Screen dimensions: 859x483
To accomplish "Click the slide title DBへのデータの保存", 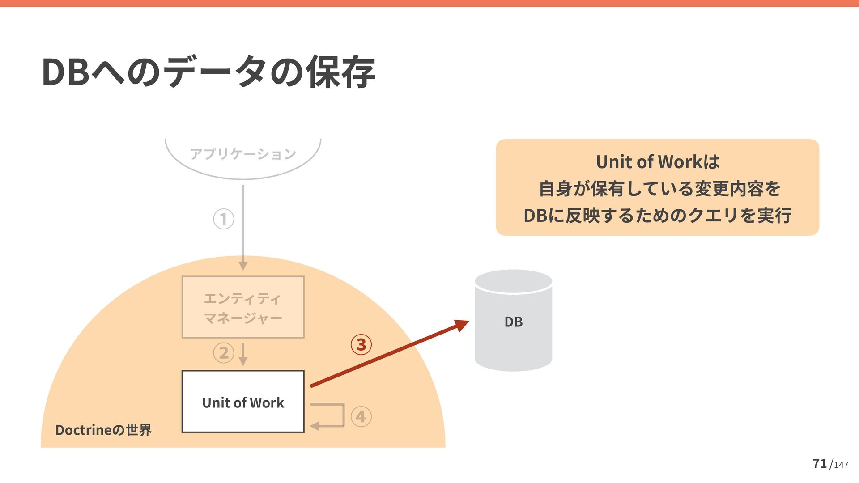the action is (208, 72).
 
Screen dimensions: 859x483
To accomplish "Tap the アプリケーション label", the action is (243, 154).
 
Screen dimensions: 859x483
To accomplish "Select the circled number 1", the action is (224, 219).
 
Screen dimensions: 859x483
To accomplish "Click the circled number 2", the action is (224, 353).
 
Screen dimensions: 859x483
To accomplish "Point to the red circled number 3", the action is (361, 344).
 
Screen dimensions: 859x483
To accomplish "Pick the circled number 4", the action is (361, 417).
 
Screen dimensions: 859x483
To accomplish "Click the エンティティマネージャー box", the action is (243, 307).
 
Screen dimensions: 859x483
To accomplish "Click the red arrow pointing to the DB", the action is (389, 353).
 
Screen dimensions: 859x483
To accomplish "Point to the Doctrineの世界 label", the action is (103, 430).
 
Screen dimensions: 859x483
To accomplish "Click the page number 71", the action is (820, 464).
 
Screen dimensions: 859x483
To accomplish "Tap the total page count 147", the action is (841, 465).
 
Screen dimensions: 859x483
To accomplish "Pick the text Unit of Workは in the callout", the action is (657, 162).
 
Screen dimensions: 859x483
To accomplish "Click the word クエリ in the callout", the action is (712, 216).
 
